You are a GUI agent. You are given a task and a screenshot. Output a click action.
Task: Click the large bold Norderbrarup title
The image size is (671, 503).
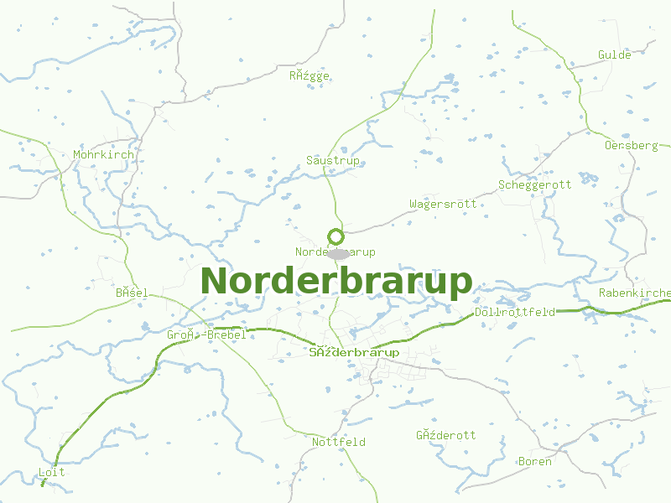pos(336,282)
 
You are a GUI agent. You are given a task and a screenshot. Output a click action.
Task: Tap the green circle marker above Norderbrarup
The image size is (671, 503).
pos(336,237)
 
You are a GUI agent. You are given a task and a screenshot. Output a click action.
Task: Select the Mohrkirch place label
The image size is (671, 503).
pos(103,155)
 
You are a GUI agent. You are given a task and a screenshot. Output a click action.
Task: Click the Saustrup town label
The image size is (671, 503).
pos(333,160)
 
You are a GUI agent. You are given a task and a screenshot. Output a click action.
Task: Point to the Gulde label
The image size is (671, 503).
pos(614,55)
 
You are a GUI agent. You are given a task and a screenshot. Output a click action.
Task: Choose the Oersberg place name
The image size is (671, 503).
pos(632,146)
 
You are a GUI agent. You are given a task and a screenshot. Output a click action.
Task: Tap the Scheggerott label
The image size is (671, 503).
pos(535,185)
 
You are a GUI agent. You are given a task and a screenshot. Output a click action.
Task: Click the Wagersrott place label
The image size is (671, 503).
pos(443,205)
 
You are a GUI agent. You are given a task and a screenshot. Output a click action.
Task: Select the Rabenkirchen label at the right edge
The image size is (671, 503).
pos(635,293)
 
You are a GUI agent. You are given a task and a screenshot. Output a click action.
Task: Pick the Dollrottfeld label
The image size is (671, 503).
pos(515,313)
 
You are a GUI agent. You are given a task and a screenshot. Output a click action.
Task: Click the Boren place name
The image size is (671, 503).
pos(535,462)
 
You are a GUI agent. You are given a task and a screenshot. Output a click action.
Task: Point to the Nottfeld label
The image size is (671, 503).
pos(339,442)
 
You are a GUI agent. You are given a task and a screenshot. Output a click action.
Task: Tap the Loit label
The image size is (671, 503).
pos(52,473)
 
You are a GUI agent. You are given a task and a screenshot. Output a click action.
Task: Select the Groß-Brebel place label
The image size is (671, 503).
pos(206,335)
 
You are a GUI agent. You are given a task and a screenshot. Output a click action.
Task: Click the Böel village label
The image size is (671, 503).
pos(132,293)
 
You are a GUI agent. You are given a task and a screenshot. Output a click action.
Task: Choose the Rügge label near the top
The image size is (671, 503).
pos(309,75)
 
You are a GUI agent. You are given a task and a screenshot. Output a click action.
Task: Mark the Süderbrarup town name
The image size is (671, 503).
pos(354,353)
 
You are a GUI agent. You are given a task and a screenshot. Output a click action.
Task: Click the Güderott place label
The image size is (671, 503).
pos(446,435)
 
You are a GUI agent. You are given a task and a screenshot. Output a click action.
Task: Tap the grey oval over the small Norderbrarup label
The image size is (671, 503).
pos(339,253)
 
